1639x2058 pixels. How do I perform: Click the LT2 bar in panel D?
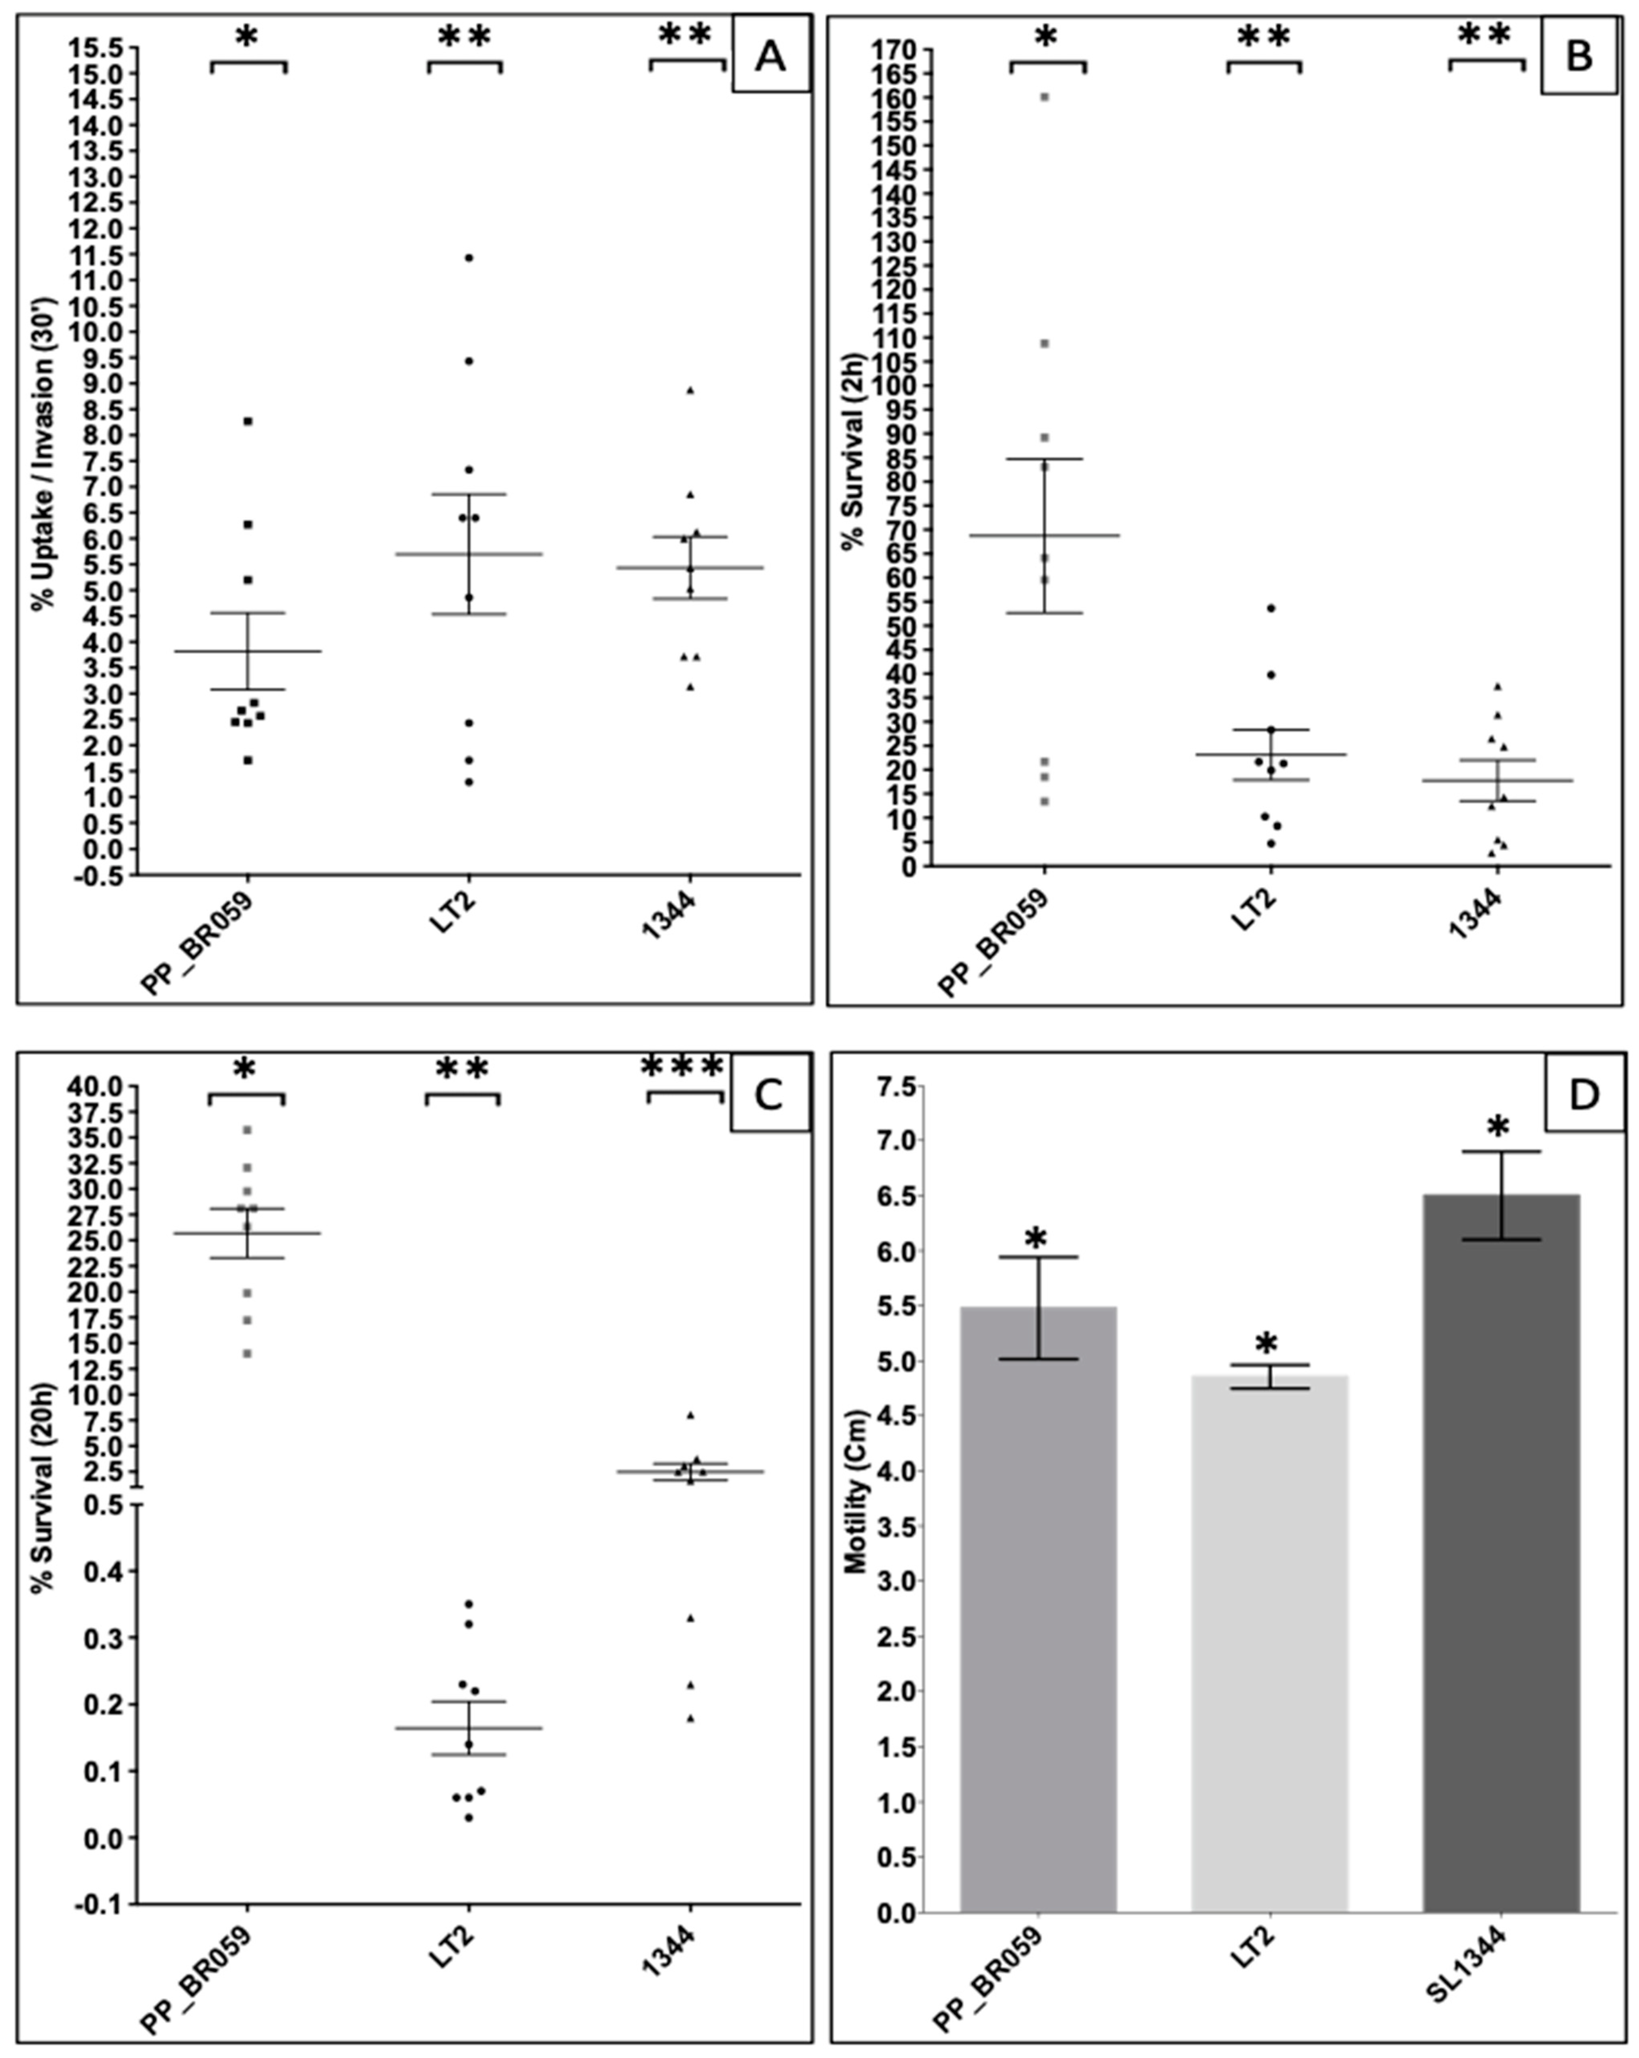1268,1642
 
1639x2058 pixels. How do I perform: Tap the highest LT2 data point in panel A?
469,258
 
